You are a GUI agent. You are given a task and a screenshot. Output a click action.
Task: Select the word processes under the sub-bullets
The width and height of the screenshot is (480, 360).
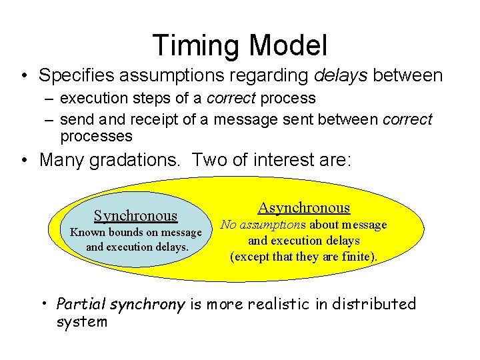(96, 136)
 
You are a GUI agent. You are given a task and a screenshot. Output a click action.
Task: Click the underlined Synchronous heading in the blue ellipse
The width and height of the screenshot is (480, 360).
(135, 215)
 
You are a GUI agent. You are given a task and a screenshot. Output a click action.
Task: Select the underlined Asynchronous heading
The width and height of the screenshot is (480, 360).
(303, 208)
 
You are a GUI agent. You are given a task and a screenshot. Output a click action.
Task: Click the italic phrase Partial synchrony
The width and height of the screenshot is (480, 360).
(121, 305)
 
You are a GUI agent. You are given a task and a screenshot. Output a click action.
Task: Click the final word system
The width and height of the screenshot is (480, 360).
(81, 322)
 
